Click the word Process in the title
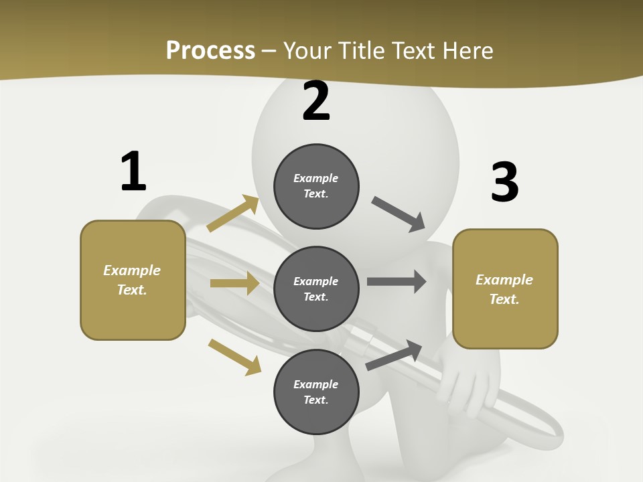click(x=210, y=50)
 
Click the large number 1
click(x=133, y=171)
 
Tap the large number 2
click(x=316, y=101)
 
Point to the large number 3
click(x=504, y=183)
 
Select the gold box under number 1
click(x=133, y=280)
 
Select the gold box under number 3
click(x=505, y=289)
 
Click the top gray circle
click(x=316, y=186)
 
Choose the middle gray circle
click(x=316, y=289)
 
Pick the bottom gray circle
click(x=316, y=392)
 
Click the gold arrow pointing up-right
click(x=233, y=213)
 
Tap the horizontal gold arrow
click(x=234, y=283)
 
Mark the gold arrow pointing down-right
click(x=234, y=357)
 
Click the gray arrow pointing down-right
click(x=399, y=214)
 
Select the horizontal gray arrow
click(x=396, y=282)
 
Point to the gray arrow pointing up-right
click(x=394, y=355)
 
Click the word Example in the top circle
click(x=316, y=178)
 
